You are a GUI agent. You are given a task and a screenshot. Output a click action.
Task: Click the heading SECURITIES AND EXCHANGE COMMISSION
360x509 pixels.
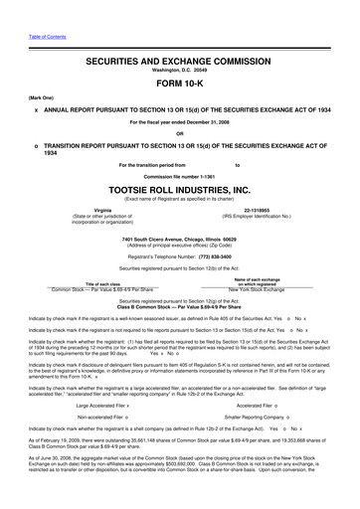click(x=180, y=61)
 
